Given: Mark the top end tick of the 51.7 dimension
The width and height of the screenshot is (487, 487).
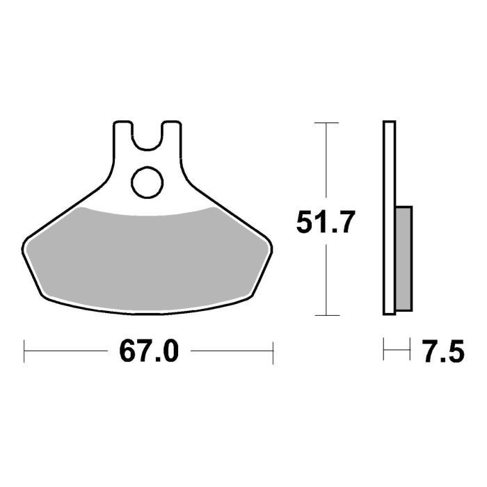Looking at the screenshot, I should pos(327,122).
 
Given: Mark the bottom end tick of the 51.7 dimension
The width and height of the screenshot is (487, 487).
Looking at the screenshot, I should pos(327,315).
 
